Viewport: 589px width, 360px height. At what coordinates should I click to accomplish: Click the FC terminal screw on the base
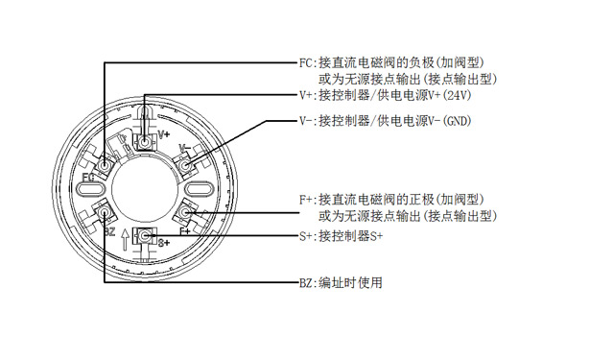click(104, 165)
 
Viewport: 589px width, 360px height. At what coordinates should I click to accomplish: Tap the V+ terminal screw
click(144, 142)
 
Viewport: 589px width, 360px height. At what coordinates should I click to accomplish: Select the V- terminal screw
click(184, 165)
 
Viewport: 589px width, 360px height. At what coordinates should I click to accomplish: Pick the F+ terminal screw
click(184, 213)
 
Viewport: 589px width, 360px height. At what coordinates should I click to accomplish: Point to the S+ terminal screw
click(144, 236)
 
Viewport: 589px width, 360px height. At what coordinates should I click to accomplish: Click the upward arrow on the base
click(126, 240)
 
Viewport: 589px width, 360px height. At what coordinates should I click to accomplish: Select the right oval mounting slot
click(199, 188)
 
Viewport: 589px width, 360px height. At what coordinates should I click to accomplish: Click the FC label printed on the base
click(87, 177)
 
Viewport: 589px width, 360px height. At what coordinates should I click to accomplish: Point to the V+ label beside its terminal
click(164, 134)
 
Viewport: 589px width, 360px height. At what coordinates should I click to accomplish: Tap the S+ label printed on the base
click(163, 243)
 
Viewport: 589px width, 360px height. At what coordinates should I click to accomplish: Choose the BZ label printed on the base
click(109, 232)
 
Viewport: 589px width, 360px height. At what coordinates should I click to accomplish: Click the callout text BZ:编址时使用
click(341, 282)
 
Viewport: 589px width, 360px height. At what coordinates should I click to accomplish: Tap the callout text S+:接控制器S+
click(342, 236)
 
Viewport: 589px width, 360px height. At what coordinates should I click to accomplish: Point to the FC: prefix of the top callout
click(308, 62)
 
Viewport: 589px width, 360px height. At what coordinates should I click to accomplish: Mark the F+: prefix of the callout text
click(308, 200)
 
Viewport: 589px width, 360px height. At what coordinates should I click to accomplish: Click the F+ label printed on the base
click(185, 231)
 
